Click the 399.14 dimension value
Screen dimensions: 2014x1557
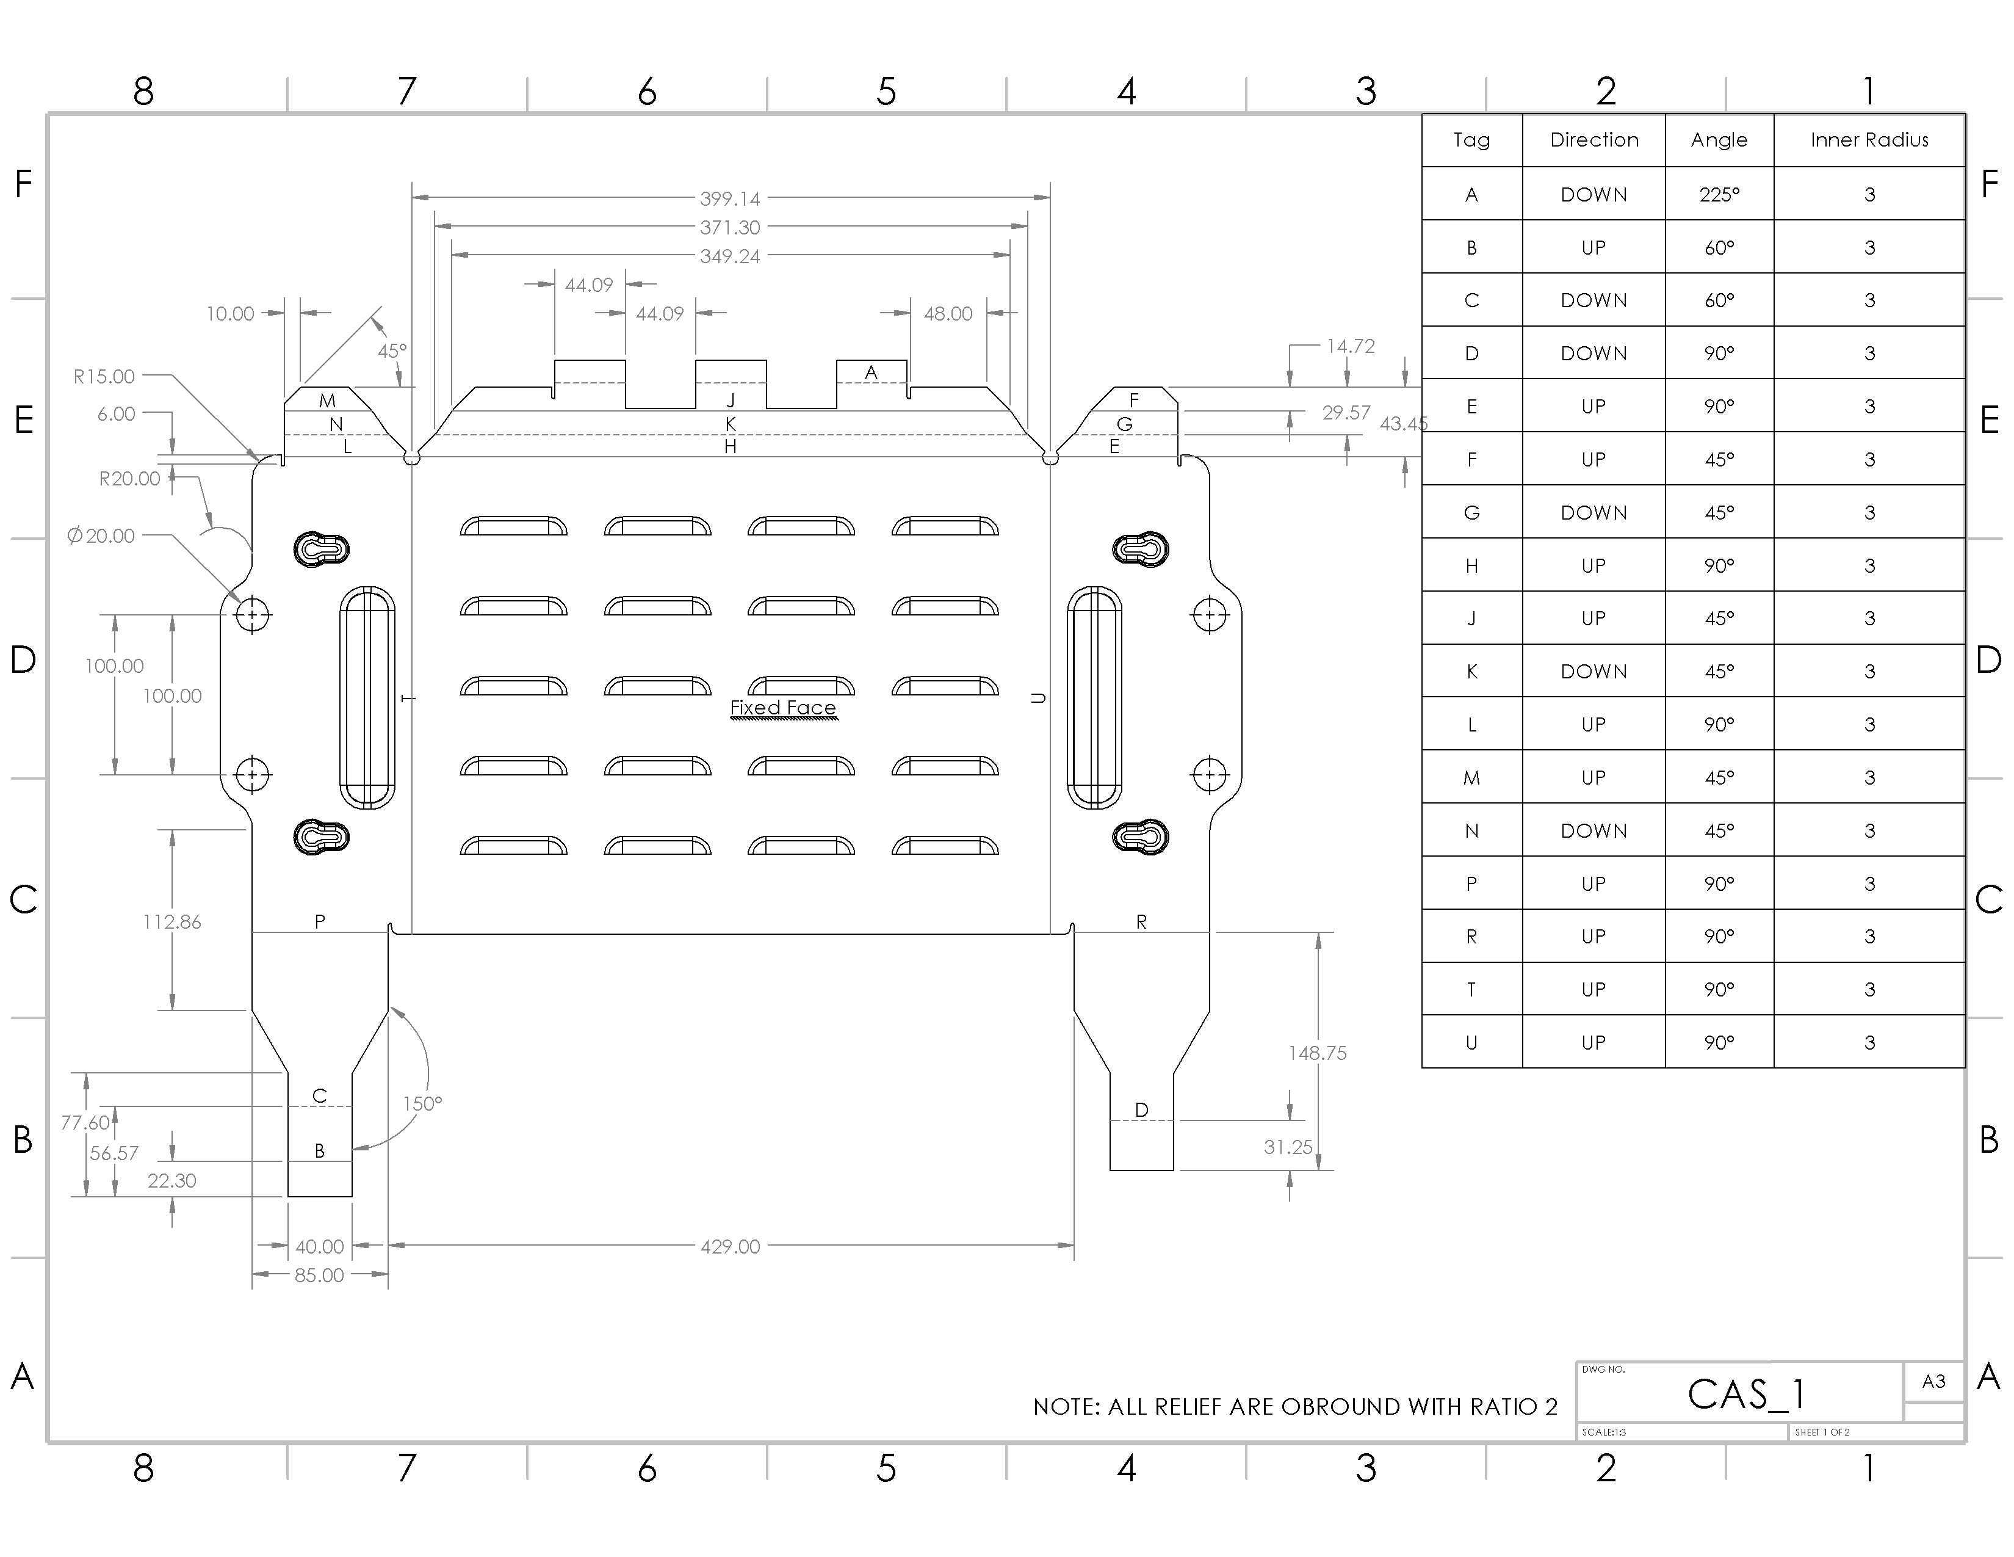(x=729, y=198)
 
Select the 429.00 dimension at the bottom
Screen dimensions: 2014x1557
(x=729, y=1246)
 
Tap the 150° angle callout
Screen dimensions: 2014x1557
(x=422, y=1103)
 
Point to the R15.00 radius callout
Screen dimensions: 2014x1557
(x=104, y=376)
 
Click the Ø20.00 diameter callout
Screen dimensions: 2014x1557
(x=101, y=536)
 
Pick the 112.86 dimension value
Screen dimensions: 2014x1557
(x=171, y=921)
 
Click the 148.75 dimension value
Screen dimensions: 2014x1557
(x=1317, y=1053)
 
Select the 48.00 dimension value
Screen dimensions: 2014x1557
(x=948, y=314)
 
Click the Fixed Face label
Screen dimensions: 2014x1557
(x=783, y=708)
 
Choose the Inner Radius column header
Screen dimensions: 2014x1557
(x=1869, y=139)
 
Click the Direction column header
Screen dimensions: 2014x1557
(x=1594, y=139)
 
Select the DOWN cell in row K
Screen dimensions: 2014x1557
(x=1594, y=672)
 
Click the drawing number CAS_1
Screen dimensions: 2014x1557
(x=1745, y=1394)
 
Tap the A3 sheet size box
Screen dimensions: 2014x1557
(x=1934, y=1381)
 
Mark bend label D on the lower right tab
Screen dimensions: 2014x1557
(x=1142, y=1109)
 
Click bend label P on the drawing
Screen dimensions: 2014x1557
(x=319, y=921)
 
